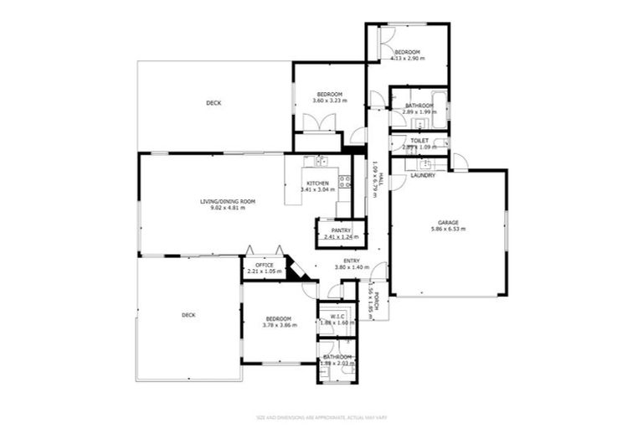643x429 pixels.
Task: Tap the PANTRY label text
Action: [341, 230]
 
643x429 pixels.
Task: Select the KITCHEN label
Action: [316, 183]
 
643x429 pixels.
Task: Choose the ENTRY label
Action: [352, 261]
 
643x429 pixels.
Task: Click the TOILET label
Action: [419, 141]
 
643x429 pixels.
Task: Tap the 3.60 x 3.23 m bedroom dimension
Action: [329, 101]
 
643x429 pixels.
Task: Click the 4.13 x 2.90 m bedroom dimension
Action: [409, 59]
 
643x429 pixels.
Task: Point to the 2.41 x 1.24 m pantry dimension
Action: [341, 237]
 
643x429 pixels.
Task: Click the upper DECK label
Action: [214, 103]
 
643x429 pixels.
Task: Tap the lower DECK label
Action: [188, 315]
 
